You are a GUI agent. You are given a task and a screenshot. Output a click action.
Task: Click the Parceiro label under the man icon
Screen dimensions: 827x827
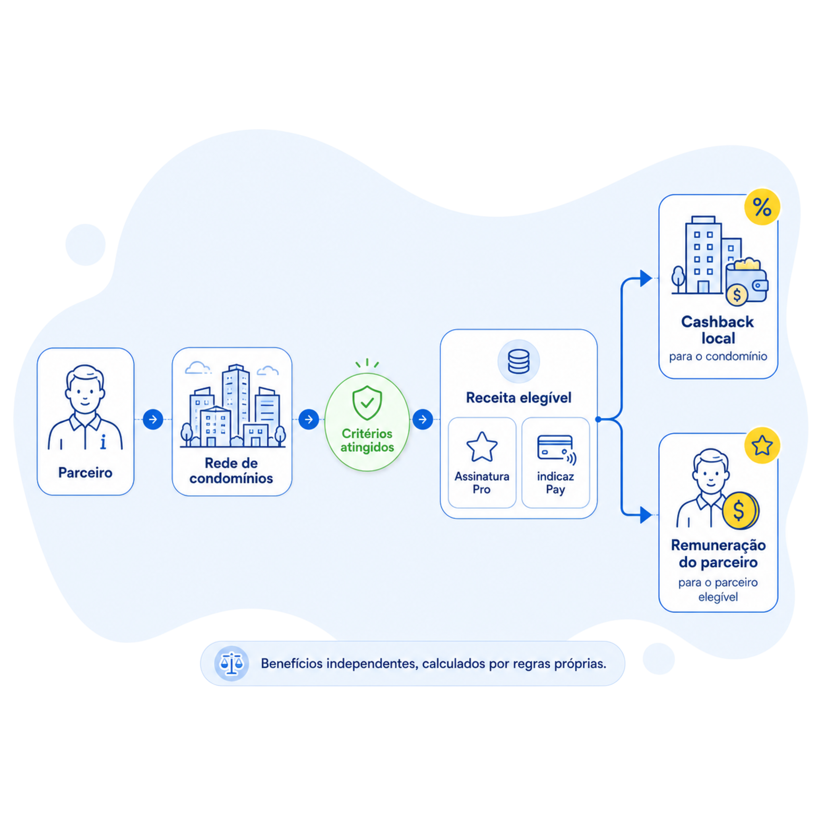pos(85,473)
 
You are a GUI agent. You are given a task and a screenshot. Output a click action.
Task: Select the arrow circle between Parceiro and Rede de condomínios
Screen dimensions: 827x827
pos(153,420)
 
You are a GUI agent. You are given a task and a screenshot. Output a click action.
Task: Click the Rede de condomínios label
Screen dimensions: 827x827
pos(231,470)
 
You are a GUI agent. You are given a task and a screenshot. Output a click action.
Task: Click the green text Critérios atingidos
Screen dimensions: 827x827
pos(367,440)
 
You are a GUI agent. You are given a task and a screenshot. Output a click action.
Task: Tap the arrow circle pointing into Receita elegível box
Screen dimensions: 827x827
pos(423,420)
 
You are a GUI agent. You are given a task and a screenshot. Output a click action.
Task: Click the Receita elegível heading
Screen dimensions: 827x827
pos(518,398)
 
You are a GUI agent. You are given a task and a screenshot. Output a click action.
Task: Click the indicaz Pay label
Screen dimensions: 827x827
pos(555,483)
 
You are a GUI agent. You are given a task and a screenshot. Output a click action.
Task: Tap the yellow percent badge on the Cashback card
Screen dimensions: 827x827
pos(762,207)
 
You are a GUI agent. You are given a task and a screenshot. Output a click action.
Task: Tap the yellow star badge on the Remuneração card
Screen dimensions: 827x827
pos(762,445)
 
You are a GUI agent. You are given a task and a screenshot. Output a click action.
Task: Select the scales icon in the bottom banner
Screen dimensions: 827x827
pos(232,663)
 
